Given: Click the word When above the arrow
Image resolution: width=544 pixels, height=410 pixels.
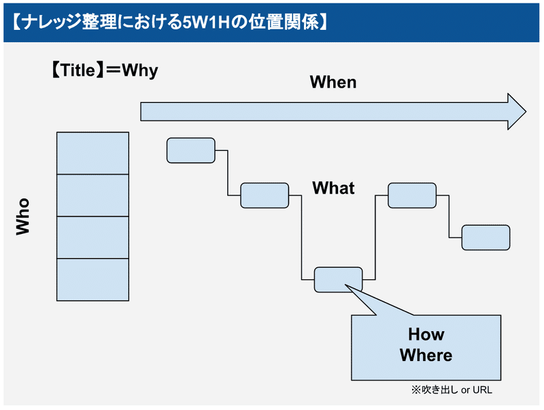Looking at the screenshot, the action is point(333,82).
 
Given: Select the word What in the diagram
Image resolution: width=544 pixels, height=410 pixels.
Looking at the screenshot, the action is point(333,188).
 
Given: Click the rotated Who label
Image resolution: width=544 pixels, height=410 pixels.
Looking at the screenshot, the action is point(23,216).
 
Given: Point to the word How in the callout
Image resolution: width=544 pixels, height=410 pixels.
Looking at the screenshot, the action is point(426,335).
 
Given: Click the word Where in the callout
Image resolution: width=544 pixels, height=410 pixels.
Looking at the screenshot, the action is point(426,355).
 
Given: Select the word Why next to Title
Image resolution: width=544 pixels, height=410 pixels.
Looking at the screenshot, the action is point(140,71).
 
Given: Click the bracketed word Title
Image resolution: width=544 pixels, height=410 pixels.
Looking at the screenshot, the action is point(78,70).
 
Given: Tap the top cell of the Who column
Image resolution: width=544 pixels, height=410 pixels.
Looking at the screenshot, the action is point(92,153).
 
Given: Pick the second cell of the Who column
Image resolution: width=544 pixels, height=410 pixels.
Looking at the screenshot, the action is point(92,195).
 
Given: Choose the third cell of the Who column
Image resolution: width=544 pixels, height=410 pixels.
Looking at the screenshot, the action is point(92,237).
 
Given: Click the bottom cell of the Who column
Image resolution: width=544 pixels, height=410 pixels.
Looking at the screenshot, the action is point(92,279).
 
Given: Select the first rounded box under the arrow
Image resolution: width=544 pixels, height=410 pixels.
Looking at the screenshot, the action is point(191,150).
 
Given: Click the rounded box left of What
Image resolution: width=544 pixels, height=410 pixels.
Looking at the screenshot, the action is point(265,195).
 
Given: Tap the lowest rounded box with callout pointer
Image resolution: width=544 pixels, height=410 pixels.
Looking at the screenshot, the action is point(338,279).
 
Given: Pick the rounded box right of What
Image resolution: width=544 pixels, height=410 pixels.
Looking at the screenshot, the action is point(412,195).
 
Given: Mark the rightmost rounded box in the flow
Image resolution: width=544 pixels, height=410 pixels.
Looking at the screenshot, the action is point(486,237).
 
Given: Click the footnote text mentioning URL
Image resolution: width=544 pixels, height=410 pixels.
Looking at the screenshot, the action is point(452,390).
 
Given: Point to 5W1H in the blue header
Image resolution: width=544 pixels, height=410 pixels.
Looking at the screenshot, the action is point(207,22).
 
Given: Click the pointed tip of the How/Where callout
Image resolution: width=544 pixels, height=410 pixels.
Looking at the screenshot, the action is point(345,285).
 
